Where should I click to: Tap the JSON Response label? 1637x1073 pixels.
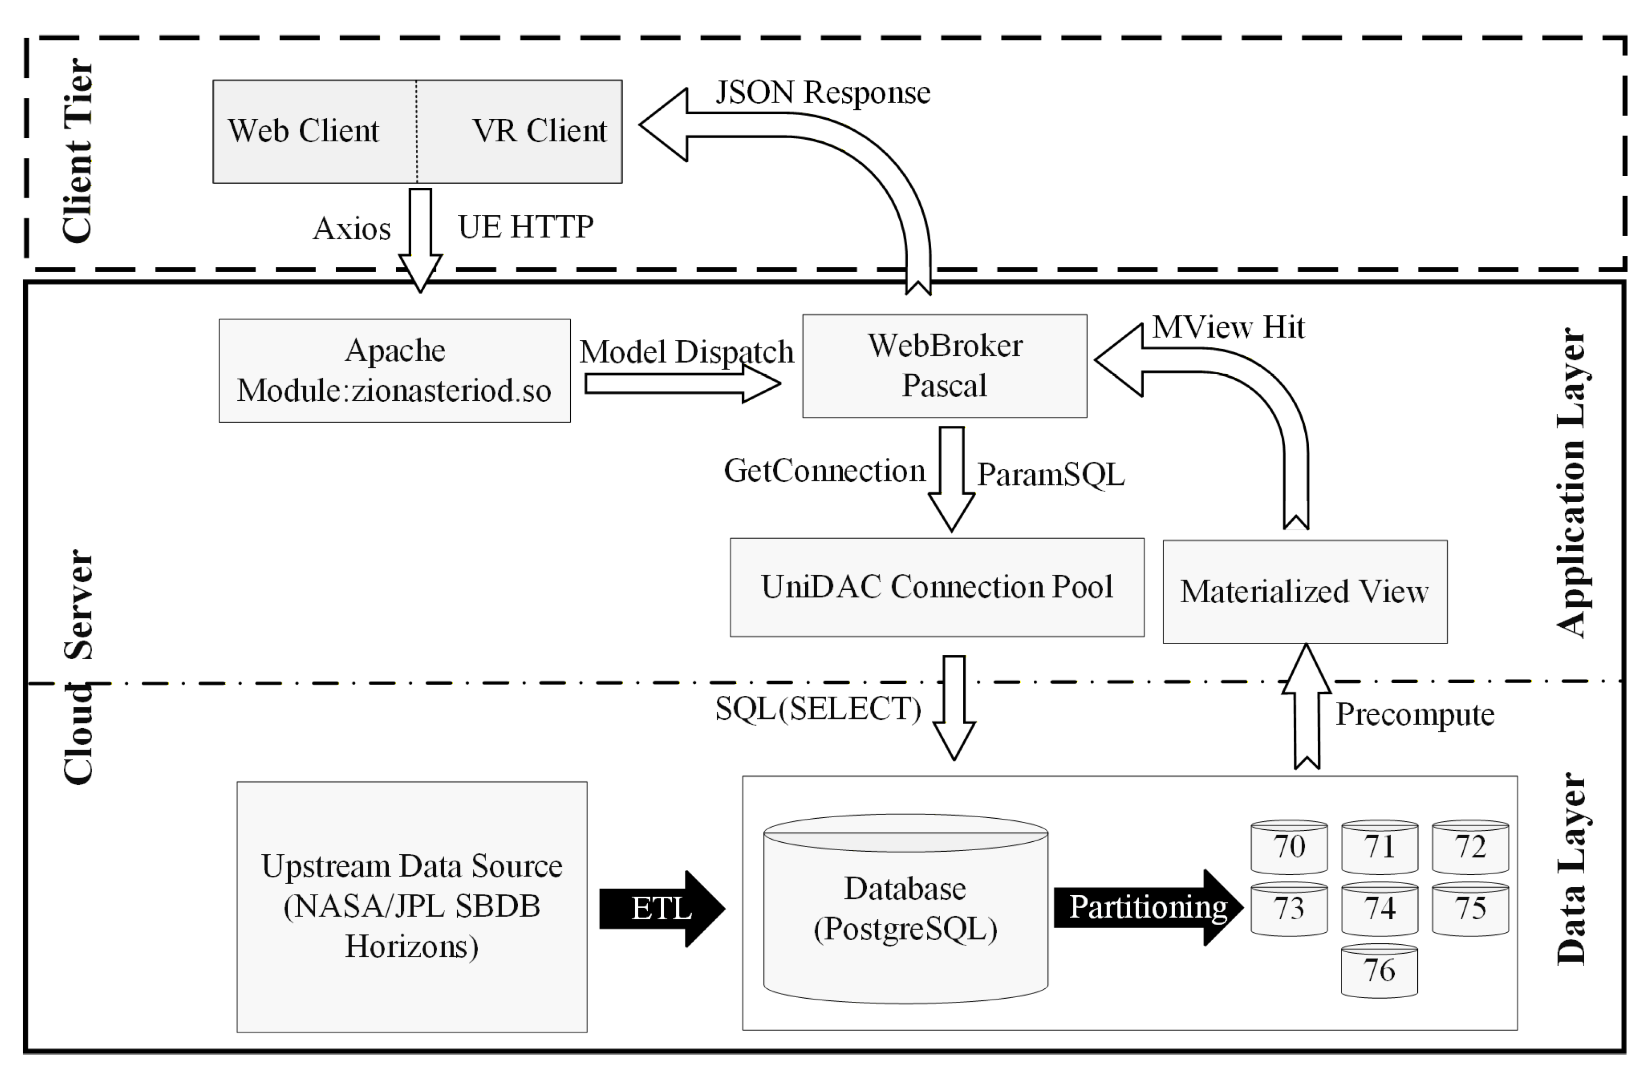[822, 92]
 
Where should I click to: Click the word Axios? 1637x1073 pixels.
[352, 228]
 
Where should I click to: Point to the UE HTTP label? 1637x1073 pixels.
[525, 227]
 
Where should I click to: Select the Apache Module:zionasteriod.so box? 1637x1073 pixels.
[394, 370]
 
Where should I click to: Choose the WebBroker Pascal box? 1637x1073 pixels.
[944, 366]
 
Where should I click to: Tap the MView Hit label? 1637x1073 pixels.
[1228, 327]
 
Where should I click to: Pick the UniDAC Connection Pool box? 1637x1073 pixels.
[937, 586]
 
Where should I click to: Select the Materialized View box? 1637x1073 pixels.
[1304, 592]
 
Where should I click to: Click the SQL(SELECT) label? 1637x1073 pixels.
[817, 708]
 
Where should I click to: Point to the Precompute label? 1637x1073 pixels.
[1414, 714]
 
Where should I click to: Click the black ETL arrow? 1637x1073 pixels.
[660, 909]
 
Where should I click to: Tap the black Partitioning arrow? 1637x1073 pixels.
[1147, 907]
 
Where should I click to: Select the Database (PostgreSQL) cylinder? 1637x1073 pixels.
[905, 908]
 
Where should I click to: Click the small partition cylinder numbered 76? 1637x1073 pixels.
[1379, 970]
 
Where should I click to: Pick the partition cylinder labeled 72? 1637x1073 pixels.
[1470, 846]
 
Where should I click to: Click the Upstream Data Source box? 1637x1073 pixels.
[411, 906]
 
